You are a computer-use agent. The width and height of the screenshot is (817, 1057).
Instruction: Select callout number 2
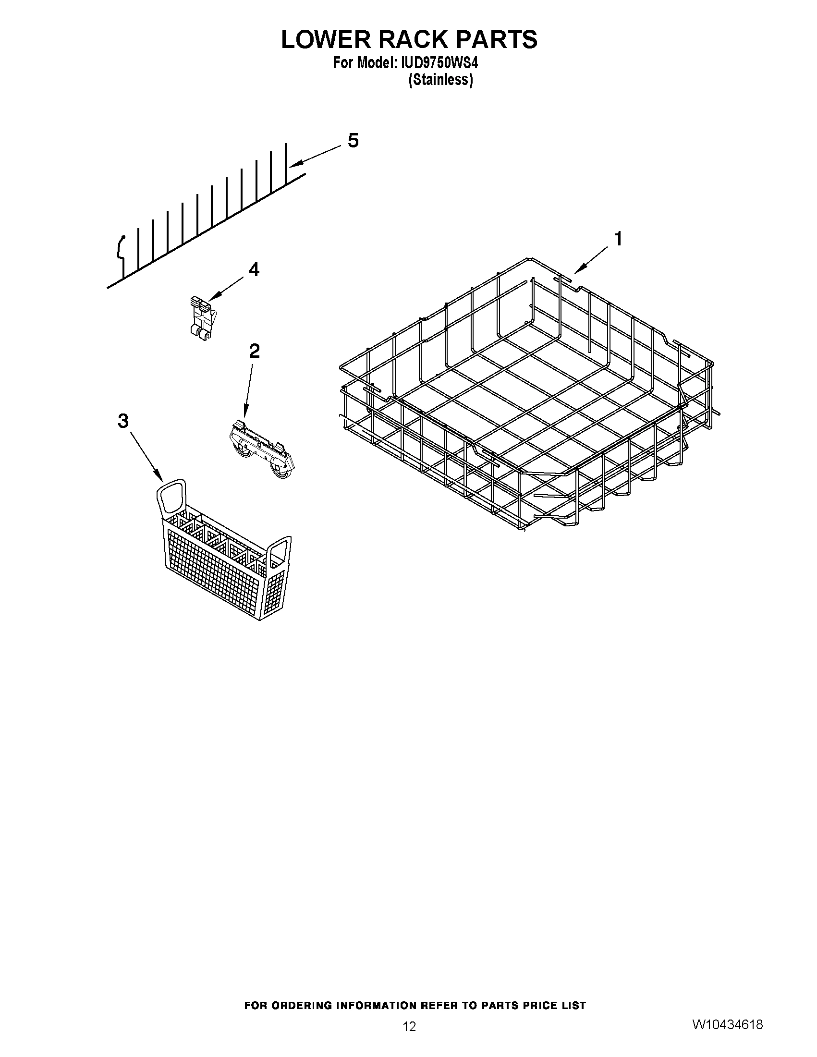(254, 351)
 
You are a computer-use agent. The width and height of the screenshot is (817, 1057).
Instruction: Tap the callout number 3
(123, 421)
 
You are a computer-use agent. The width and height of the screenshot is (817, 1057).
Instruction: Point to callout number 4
(254, 269)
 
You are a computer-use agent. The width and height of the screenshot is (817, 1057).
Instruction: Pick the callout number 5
(354, 141)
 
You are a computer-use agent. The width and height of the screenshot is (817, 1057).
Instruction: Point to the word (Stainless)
(440, 80)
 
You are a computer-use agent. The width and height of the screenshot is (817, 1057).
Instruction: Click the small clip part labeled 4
(202, 318)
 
